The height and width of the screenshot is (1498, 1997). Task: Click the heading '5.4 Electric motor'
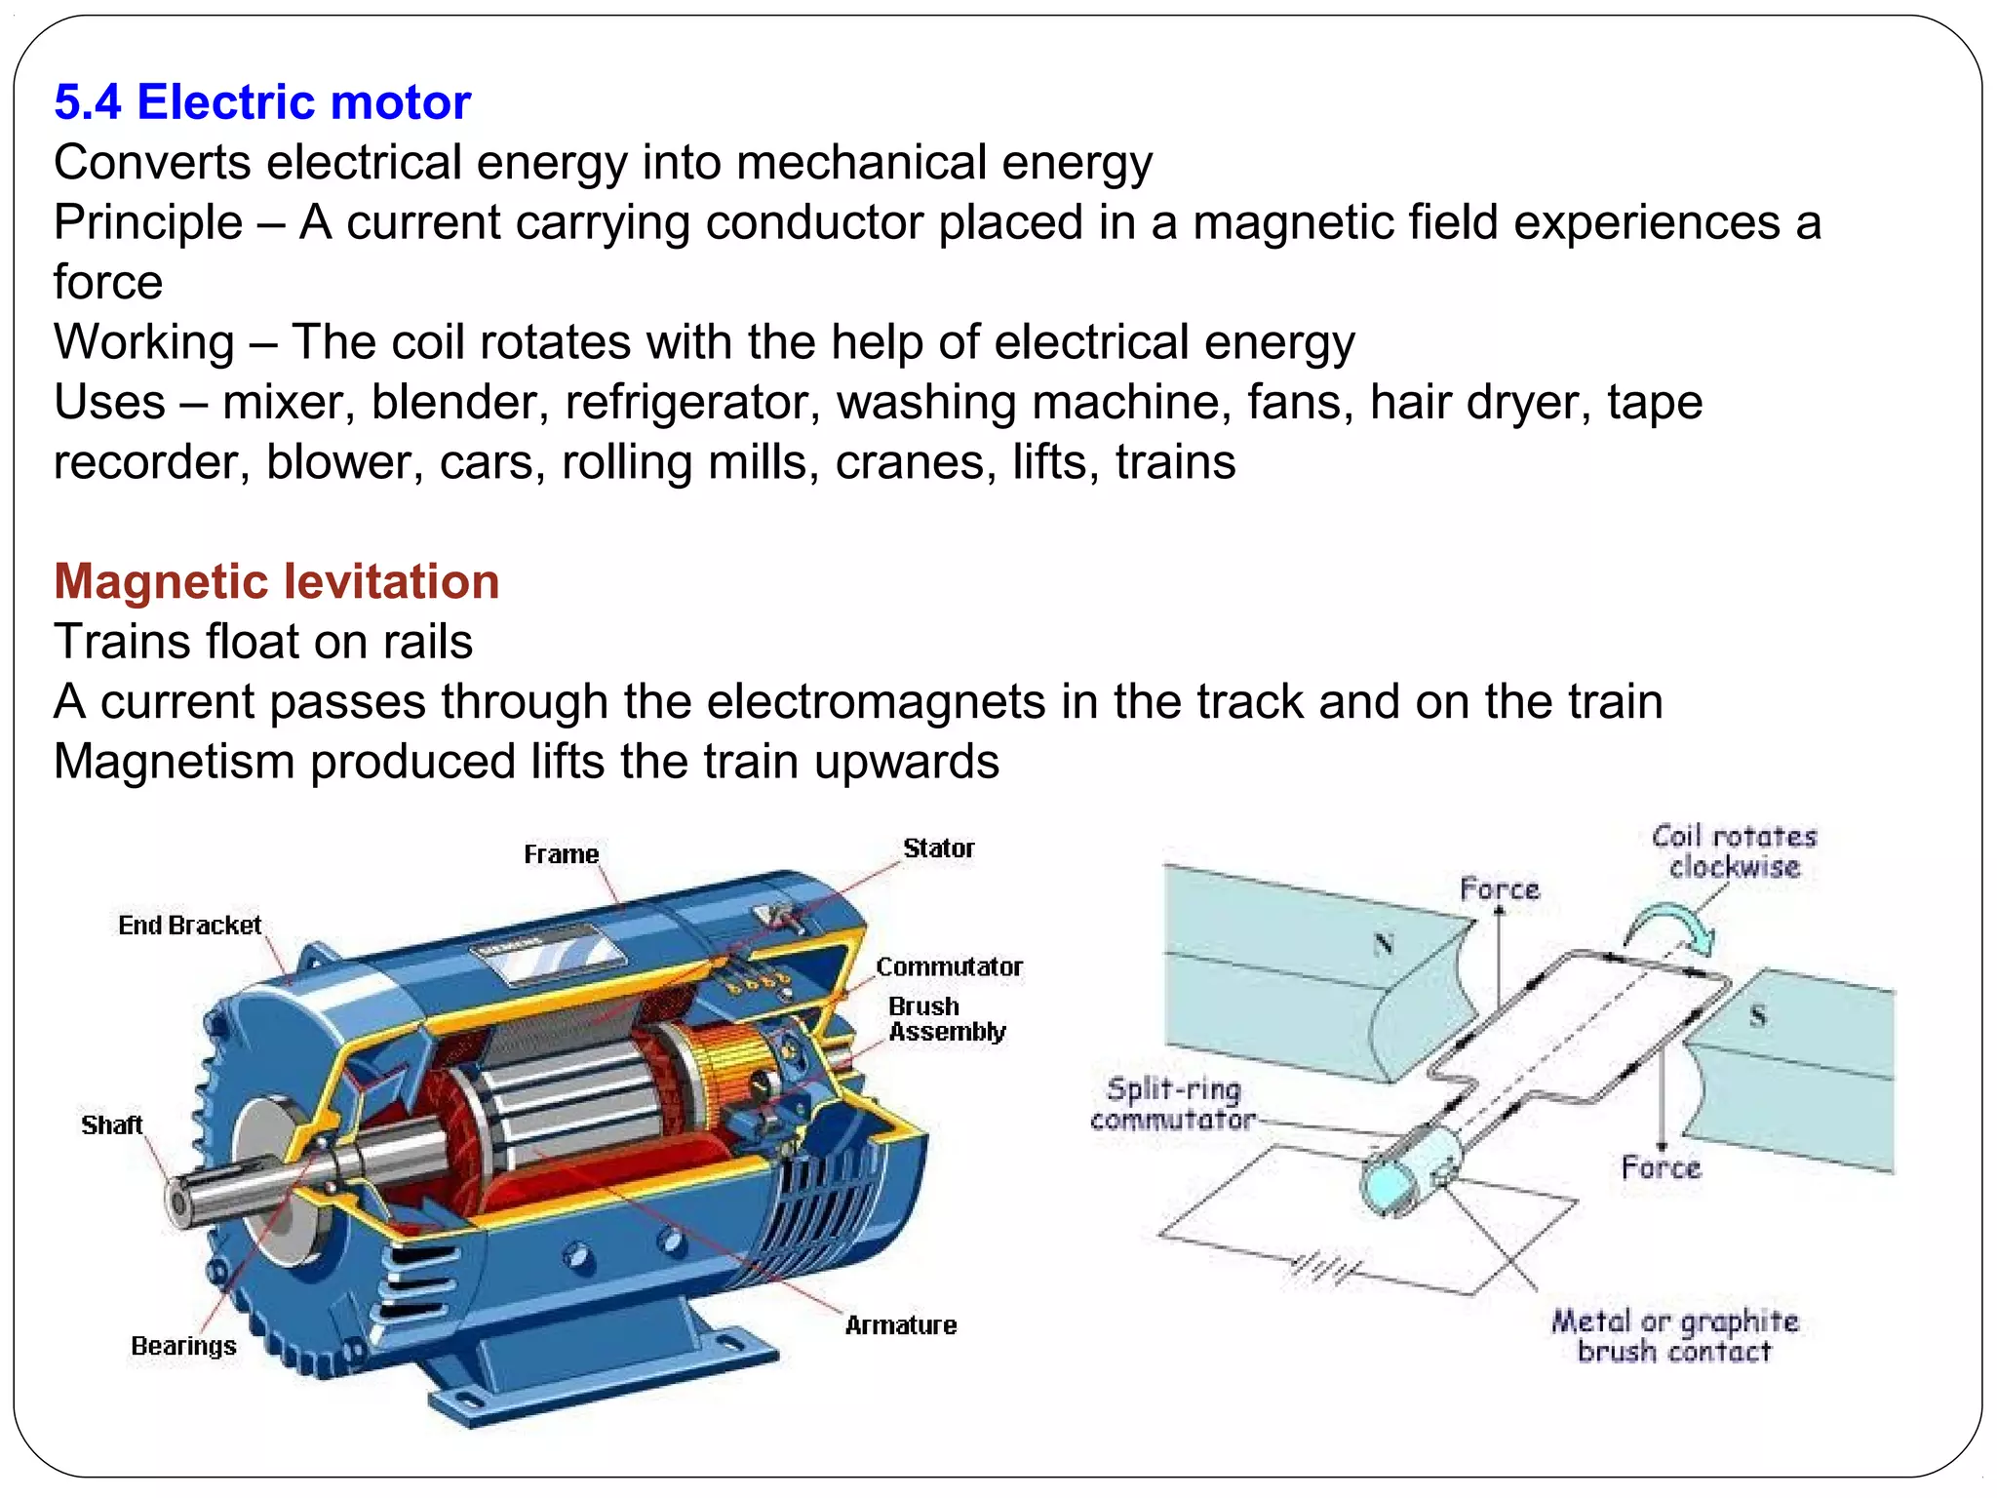click(x=262, y=102)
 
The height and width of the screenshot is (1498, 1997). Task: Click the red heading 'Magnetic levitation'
click(x=277, y=581)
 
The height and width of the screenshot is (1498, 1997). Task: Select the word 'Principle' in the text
click(x=148, y=222)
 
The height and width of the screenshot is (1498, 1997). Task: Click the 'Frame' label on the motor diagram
click(x=561, y=854)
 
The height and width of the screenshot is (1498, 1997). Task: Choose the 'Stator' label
click(x=938, y=848)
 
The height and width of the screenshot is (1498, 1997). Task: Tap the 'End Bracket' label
click(x=190, y=925)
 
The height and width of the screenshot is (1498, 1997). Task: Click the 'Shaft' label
click(x=112, y=1124)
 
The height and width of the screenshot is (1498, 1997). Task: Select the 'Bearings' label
click(x=183, y=1346)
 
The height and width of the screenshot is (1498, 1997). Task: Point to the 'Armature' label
click(x=900, y=1325)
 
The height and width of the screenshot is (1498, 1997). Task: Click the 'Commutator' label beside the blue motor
click(x=949, y=966)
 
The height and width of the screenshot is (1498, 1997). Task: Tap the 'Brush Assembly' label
click(x=946, y=1019)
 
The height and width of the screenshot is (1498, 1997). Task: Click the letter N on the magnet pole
click(x=1384, y=943)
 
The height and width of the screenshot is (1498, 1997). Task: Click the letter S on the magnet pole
click(x=1758, y=1016)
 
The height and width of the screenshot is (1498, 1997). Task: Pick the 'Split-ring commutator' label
click(x=1174, y=1104)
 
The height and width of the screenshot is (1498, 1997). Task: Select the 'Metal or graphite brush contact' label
click(x=1675, y=1336)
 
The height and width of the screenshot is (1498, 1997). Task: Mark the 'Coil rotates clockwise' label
click(x=1734, y=851)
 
